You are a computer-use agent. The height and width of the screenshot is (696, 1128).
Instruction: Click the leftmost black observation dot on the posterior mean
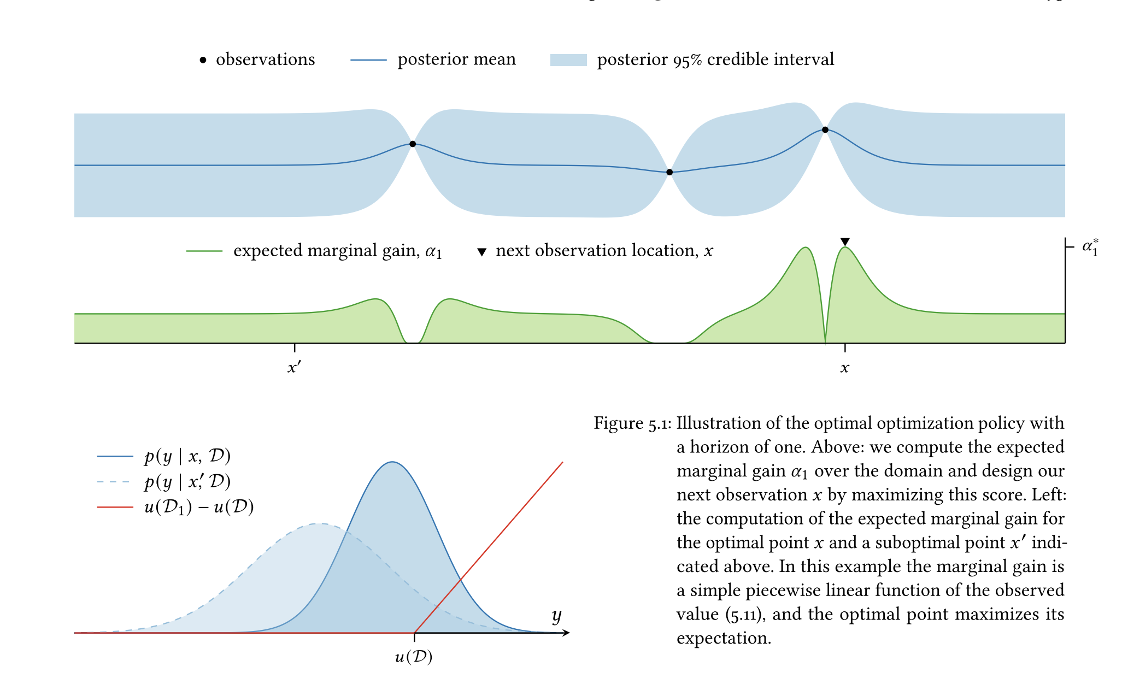pos(413,144)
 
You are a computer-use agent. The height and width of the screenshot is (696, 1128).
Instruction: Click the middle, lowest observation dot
pos(669,173)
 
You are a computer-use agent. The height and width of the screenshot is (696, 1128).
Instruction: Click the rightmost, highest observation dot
pos(825,130)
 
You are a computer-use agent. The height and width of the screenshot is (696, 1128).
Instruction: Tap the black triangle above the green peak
pos(845,242)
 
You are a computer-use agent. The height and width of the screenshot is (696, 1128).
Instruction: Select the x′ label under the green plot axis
pos(294,368)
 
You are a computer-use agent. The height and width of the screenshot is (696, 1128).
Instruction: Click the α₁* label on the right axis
pos(1090,247)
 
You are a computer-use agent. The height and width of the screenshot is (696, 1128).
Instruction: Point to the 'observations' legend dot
pos(203,60)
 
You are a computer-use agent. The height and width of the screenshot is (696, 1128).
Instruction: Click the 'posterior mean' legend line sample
pos(368,60)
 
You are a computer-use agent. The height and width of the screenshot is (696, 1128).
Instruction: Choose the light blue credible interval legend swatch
pos(568,60)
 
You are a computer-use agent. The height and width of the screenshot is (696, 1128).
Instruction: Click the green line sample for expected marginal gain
pos(204,251)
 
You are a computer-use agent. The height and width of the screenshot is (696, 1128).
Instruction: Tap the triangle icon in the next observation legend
pos(481,252)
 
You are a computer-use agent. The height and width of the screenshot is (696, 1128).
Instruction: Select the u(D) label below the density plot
pos(414,657)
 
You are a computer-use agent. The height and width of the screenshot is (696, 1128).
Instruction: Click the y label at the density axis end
pos(556,616)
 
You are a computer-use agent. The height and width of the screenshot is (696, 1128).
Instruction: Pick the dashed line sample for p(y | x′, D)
pos(114,482)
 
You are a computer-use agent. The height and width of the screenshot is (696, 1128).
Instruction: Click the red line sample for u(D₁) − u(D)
pos(115,508)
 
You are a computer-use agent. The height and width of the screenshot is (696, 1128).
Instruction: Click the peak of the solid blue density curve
pos(392,462)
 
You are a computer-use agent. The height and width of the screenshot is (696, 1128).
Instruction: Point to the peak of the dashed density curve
pos(318,523)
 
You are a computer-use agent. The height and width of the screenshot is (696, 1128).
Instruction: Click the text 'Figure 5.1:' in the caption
pos(632,424)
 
